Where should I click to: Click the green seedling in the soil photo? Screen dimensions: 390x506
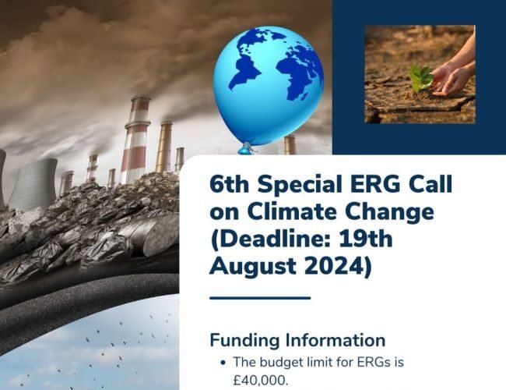422,78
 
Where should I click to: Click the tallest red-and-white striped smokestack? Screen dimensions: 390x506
137,140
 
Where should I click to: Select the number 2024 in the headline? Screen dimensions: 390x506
334,266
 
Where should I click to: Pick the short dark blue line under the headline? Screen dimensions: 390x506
260,297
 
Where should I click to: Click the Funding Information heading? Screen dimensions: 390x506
297,340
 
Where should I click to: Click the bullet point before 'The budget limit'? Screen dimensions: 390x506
224,363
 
